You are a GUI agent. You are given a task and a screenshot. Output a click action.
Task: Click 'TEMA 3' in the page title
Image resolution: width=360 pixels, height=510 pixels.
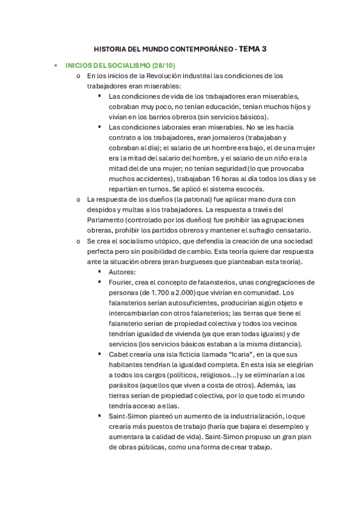tap(252, 49)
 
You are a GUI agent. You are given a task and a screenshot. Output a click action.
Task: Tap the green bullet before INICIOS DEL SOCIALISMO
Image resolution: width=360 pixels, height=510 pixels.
tap(56, 65)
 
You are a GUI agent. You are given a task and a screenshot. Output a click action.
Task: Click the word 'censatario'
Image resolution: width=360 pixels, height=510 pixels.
tap(291, 230)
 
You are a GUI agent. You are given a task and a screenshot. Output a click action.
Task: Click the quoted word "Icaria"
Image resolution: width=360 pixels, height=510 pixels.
tap(225, 354)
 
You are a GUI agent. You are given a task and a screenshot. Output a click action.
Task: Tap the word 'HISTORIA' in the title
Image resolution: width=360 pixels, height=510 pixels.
tap(112, 49)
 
